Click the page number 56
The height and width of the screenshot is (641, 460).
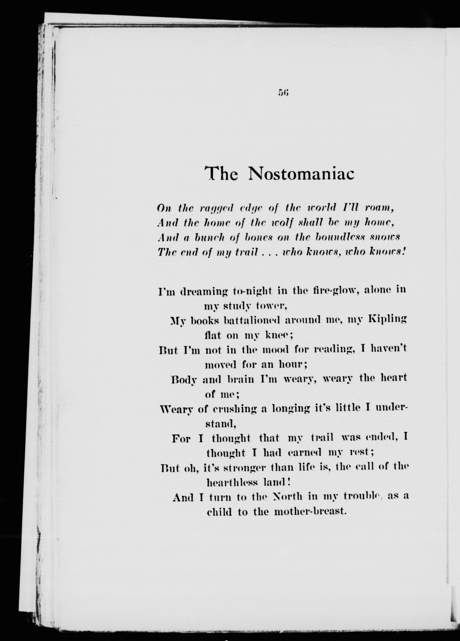pos(283,92)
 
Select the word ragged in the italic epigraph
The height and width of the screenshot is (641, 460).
pos(216,209)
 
